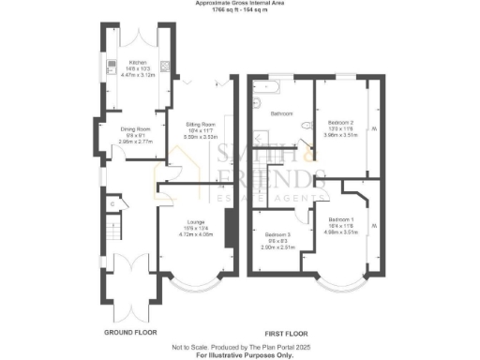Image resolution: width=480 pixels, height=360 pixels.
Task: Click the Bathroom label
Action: tap(282, 113)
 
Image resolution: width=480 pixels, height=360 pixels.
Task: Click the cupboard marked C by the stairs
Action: tap(111, 202)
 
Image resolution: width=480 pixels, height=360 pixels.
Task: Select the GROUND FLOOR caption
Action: tap(130, 333)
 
